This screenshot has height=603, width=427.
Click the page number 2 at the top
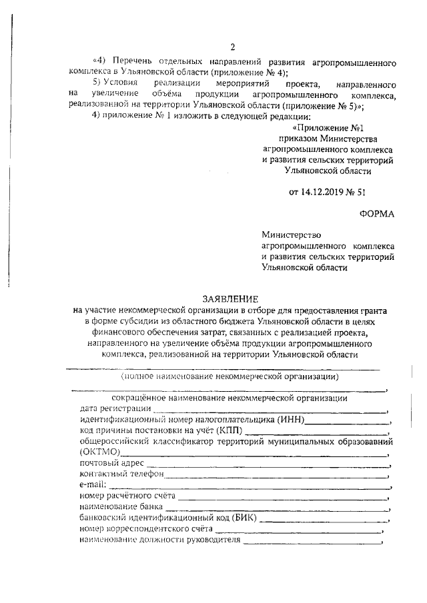pos(232,47)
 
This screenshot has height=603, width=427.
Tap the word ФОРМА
pos(377,213)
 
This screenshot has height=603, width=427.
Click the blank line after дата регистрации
pos(270,410)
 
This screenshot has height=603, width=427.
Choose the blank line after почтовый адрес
pos(267,463)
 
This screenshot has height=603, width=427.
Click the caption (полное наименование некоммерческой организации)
pos(229,376)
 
